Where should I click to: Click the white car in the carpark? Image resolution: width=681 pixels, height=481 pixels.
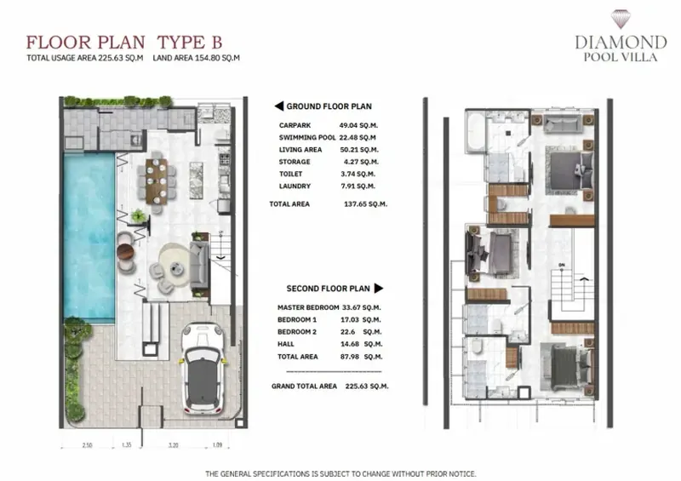(x=203, y=367)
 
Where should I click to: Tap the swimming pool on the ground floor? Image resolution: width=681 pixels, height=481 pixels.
(x=89, y=237)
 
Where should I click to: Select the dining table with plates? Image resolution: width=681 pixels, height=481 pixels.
(x=157, y=181)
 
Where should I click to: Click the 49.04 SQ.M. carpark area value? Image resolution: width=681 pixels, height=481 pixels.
(x=358, y=126)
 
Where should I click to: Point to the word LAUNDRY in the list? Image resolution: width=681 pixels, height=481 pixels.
(x=295, y=186)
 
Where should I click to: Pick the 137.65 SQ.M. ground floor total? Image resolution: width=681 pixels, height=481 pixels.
(x=365, y=203)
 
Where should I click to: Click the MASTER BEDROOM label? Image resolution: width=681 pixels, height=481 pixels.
(x=308, y=307)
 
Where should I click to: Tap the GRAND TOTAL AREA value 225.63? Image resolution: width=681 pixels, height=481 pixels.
(x=367, y=386)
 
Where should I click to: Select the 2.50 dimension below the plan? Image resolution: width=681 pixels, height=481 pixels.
(x=88, y=445)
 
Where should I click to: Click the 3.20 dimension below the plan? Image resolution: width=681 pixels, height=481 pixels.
(x=173, y=445)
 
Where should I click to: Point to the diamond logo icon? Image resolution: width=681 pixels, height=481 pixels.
(x=621, y=19)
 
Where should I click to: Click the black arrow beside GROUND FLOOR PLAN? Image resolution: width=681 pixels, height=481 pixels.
(x=279, y=106)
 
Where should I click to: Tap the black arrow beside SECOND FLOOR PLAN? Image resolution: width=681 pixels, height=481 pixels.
(x=379, y=288)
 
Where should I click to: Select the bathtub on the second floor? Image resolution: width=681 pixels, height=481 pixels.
(x=475, y=130)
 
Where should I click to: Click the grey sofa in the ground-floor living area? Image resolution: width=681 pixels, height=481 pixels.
(x=199, y=266)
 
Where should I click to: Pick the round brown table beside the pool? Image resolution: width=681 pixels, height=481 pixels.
(x=126, y=253)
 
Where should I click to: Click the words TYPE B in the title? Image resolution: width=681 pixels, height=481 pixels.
(x=189, y=43)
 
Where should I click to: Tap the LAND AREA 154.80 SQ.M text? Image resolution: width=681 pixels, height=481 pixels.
(x=197, y=58)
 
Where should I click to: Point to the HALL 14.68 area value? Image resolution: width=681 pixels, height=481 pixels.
(x=361, y=344)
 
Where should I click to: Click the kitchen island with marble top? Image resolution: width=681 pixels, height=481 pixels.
(x=197, y=180)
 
